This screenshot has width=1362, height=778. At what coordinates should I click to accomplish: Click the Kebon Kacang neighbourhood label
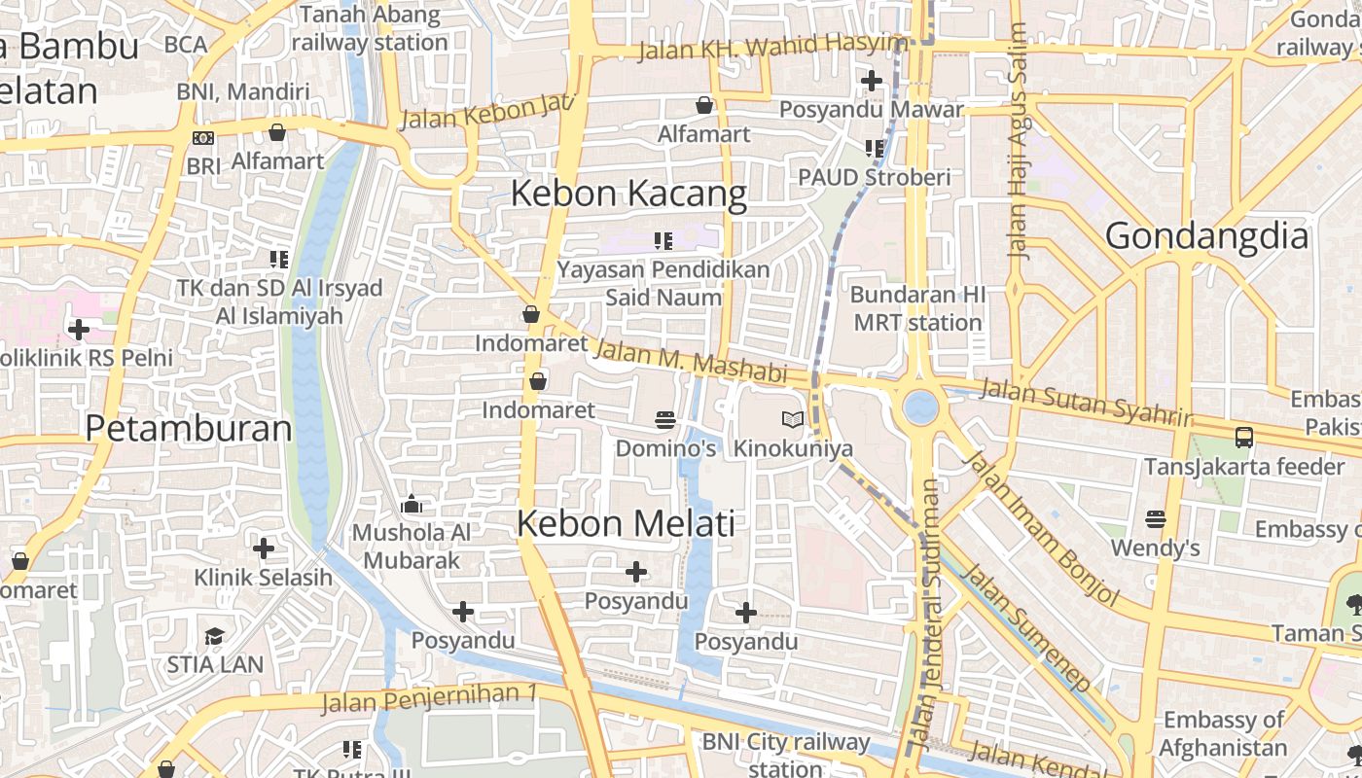click(628, 194)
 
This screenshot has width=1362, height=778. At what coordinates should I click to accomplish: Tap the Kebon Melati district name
click(625, 523)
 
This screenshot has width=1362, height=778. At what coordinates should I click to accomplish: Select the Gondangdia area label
click(1206, 236)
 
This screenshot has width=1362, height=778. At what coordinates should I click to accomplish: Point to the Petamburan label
click(189, 429)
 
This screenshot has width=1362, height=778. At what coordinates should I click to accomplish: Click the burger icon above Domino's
click(665, 420)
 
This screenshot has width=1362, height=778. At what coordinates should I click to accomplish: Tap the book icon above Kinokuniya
click(793, 420)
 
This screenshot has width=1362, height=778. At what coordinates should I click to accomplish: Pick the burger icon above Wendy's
click(1155, 519)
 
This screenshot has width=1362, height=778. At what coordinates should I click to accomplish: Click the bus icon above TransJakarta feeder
click(1243, 438)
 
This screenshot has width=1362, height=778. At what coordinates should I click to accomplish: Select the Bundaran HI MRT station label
click(916, 308)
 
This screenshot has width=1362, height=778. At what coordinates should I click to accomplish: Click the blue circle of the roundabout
click(920, 407)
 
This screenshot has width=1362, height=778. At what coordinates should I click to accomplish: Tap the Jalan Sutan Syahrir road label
click(1085, 402)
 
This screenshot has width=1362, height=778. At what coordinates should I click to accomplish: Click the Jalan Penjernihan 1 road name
click(429, 697)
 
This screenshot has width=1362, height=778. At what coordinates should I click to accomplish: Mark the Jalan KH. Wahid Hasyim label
click(772, 46)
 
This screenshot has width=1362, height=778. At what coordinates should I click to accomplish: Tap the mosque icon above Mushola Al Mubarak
click(412, 505)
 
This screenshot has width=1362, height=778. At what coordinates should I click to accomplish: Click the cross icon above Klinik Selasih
click(263, 548)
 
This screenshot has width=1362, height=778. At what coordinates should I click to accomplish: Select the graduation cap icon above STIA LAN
click(214, 637)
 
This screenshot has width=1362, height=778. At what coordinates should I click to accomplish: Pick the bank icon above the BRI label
click(203, 138)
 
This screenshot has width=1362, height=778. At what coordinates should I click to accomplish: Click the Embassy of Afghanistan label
click(1223, 734)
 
